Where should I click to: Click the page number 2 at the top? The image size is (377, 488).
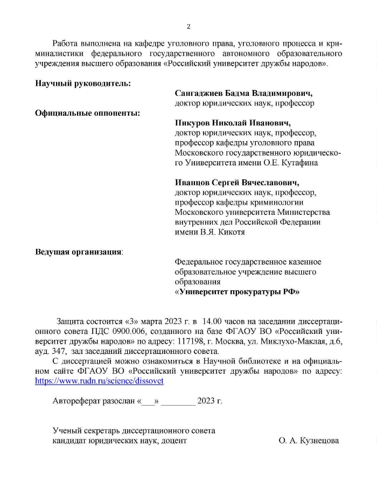[188, 26]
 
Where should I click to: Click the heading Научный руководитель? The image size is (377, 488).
[83, 83]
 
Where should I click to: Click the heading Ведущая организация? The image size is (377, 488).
[78, 252]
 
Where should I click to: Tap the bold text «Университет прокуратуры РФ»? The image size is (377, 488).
[237, 292]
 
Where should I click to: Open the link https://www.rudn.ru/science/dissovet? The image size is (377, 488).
[99, 380]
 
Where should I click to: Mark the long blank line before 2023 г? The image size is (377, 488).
[178, 402]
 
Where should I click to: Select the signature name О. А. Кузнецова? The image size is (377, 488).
[309, 441]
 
